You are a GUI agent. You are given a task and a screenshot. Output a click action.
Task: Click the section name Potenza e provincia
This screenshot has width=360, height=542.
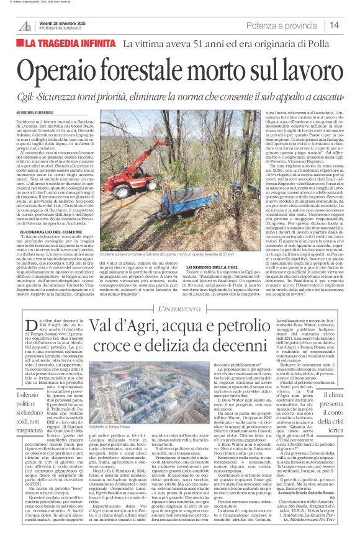[x=281, y=25]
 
